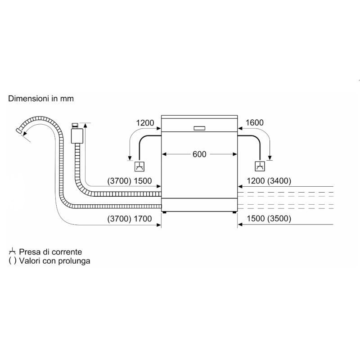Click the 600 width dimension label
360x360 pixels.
tap(199, 154)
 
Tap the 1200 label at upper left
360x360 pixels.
tap(145, 123)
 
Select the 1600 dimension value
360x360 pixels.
tap(255, 122)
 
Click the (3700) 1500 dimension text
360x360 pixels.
tap(130, 181)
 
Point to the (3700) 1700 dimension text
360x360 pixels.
tap(130, 219)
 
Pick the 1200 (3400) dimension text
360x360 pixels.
tap(269, 181)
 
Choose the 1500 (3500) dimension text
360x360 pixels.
tap(269, 219)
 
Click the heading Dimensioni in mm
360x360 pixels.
tap(41, 99)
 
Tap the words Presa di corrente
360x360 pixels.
tap(50, 252)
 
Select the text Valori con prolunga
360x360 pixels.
tap(54, 261)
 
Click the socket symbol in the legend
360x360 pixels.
tap(12, 252)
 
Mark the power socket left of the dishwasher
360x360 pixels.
tap(139, 166)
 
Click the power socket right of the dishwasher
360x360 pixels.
tap(260, 166)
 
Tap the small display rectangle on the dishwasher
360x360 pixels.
tap(199, 128)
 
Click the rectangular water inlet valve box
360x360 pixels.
tap(77, 136)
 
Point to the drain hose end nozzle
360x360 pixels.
tap(19, 131)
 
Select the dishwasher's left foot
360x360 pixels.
tap(164, 212)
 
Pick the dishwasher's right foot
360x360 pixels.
tap(234, 212)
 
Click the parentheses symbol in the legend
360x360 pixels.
tap(13, 261)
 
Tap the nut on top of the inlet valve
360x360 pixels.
tap(75, 125)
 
